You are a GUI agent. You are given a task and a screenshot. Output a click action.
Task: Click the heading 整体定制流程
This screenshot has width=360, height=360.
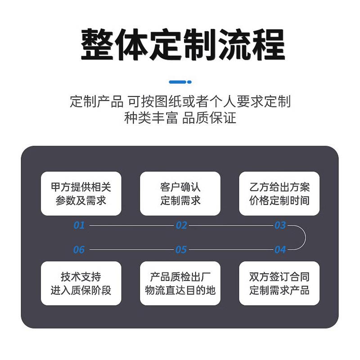[x=183, y=45]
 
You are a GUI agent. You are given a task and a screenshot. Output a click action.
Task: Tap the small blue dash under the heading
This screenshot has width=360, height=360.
[x=180, y=82]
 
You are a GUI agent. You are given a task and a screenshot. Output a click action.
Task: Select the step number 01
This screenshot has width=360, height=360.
[x=79, y=225]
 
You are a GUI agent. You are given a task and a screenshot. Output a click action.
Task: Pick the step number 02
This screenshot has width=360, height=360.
[x=181, y=225]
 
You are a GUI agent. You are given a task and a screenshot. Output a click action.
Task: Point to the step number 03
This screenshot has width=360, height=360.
[x=280, y=225]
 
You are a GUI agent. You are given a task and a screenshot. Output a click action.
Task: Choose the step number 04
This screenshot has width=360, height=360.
[x=280, y=249]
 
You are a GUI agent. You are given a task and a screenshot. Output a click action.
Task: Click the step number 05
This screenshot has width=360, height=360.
[x=181, y=249]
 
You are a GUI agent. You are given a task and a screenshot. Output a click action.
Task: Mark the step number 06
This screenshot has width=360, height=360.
[x=79, y=249]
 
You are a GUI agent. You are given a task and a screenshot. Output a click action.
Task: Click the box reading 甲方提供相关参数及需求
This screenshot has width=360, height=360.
[x=81, y=193]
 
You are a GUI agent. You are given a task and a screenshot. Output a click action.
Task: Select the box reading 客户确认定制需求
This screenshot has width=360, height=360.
[x=180, y=193]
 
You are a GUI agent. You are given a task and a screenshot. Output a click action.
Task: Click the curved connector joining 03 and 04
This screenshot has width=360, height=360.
[x=305, y=237]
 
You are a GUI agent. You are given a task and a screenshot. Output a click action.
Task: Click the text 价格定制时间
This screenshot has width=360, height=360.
[x=279, y=200]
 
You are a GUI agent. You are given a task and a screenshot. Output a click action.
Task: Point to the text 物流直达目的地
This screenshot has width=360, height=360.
[x=180, y=290]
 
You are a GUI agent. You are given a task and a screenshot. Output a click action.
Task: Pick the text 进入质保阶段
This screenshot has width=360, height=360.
[x=81, y=290]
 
